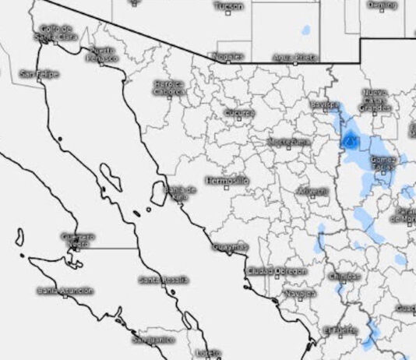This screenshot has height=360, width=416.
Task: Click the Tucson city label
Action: (x=228, y=6)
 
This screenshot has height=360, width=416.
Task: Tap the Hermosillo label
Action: (x=227, y=180)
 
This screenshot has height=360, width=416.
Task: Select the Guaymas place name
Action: (x=230, y=247)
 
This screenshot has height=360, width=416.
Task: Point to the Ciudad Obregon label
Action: (x=277, y=270)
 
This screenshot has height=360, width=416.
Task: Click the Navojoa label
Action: (x=301, y=293)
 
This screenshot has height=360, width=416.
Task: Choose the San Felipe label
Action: (x=39, y=74)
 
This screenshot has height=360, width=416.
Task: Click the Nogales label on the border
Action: (x=227, y=56)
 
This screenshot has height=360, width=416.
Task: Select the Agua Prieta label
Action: (x=295, y=57)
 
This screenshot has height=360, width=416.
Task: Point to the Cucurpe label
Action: (x=239, y=113)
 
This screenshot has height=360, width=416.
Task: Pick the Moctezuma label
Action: (x=288, y=142)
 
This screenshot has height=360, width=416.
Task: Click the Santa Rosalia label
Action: (x=164, y=279)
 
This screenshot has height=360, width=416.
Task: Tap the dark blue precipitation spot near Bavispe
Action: (x=351, y=141)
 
